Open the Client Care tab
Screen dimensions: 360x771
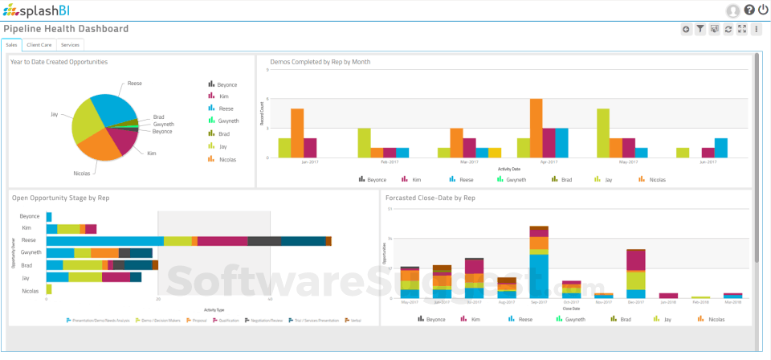click(x=39, y=45)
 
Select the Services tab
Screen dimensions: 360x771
click(x=70, y=45)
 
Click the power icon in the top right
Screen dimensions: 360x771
click(x=762, y=10)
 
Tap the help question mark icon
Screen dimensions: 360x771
click(x=749, y=10)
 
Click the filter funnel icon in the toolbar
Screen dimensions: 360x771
click(x=700, y=30)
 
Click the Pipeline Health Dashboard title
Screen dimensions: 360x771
click(x=66, y=29)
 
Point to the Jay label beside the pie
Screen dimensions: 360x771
click(x=55, y=114)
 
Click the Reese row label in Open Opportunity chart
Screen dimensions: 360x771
click(x=29, y=240)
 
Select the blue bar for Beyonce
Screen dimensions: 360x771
click(x=49, y=217)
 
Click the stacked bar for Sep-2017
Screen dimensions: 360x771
click(x=539, y=262)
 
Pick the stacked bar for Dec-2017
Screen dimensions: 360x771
click(x=636, y=273)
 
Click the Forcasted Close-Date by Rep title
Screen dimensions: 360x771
click(x=430, y=198)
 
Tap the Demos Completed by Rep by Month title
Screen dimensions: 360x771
click(x=320, y=62)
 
